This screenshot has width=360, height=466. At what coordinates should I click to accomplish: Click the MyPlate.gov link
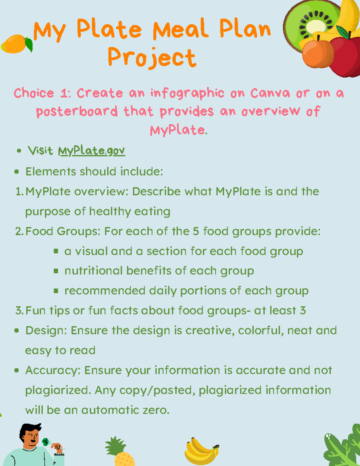(x=91, y=151)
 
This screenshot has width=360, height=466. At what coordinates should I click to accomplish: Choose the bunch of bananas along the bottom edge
(x=201, y=452)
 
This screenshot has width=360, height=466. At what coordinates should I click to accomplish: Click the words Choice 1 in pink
(x=42, y=93)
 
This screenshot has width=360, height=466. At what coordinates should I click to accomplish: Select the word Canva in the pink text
(x=270, y=93)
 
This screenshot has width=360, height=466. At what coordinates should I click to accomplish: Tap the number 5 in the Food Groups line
(x=196, y=231)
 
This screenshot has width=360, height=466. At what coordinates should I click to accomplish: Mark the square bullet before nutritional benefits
(x=56, y=271)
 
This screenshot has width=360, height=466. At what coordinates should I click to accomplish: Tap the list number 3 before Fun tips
(x=19, y=311)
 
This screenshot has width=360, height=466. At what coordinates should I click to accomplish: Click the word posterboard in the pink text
(x=77, y=112)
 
